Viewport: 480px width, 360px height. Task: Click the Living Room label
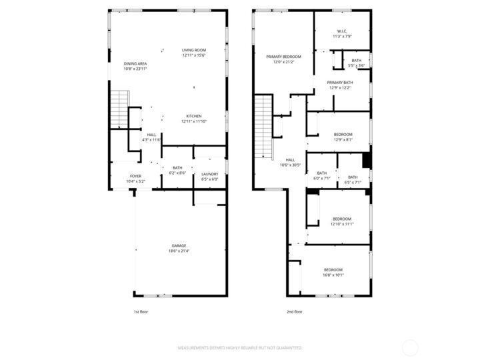[x=194, y=51]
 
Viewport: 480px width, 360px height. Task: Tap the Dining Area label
[x=135, y=64]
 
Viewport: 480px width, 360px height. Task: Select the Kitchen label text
[x=194, y=116]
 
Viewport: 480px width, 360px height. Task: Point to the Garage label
[x=179, y=246]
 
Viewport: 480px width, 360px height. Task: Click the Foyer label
[x=135, y=176]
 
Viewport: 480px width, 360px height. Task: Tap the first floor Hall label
[x=152, y=135]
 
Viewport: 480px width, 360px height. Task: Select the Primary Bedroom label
[x=283, y=57]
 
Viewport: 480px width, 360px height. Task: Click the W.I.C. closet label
[x=342, y=31]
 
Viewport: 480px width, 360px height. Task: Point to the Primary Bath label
[x=339, y=83]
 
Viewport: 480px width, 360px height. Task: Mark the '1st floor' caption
[x=141, y=311]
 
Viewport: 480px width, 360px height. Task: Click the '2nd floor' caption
[x=294, y=311]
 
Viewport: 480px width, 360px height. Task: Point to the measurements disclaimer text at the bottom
[x=239, y=348]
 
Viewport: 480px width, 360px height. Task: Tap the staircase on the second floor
[x=264, y=127]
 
